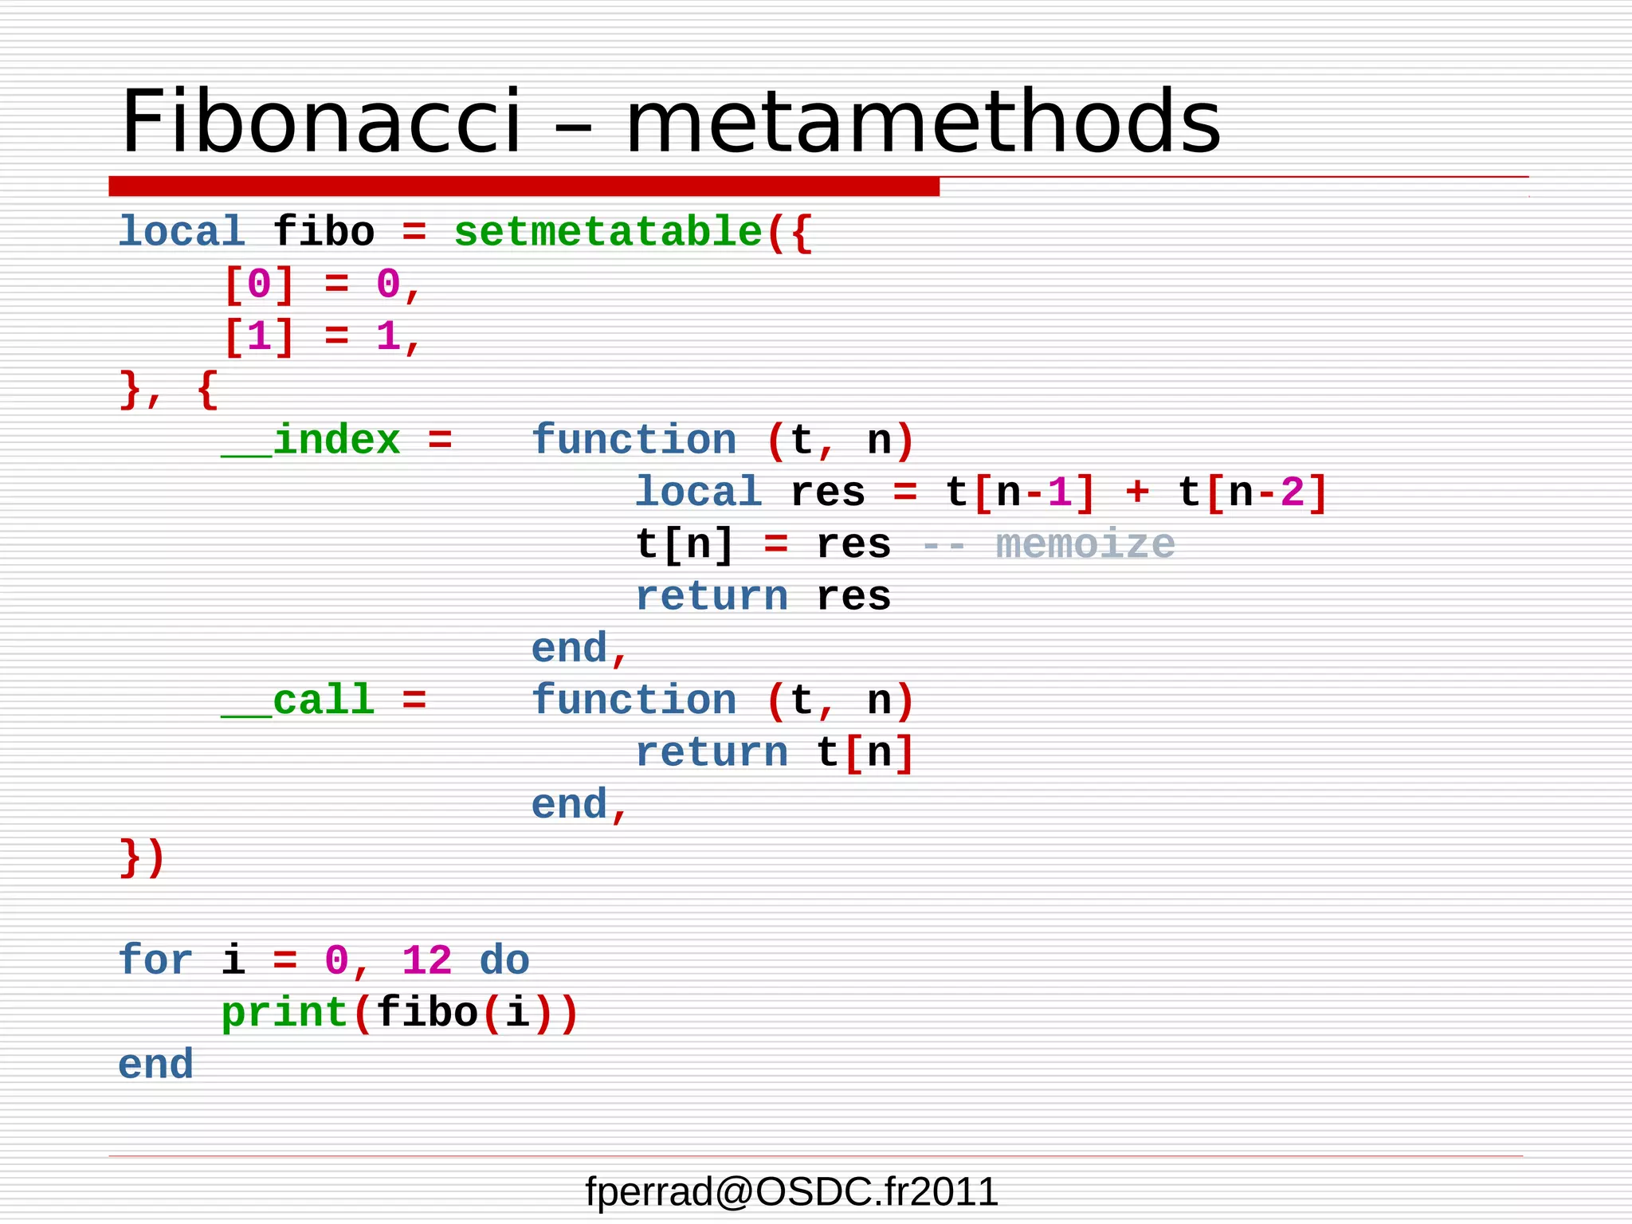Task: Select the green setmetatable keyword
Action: [x=608, y=233]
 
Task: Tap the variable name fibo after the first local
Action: [x=324, y=233]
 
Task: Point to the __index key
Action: [x=311, y=441]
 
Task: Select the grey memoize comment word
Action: [x=1085, y=545]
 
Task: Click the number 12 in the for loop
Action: [x=426, y=961]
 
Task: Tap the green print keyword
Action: [x=284, y=1014]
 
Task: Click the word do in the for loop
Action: [x=504, y=961]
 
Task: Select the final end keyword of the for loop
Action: [x=155, y=1065]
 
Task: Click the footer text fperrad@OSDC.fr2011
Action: [x=791, y=1192]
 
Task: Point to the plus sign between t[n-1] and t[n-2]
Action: [x=1137, y=492]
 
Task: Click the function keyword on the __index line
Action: [x=634, y=441]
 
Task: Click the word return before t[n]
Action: [x=712, y=753]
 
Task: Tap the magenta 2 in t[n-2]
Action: [x=1293, y=492]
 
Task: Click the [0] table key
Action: [x=259, y=284]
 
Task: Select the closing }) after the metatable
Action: [x=143, y=857]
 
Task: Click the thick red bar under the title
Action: [x=524, y=186]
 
